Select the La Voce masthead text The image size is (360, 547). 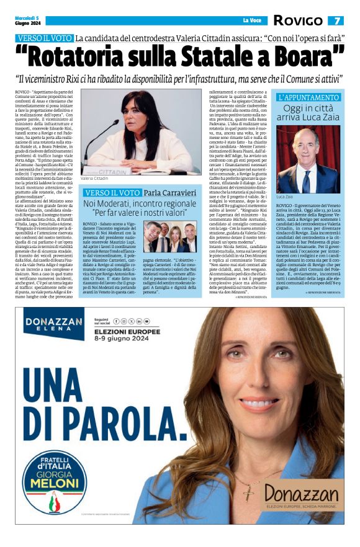pos(252,21)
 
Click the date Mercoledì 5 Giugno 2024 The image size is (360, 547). pos(29,21)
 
